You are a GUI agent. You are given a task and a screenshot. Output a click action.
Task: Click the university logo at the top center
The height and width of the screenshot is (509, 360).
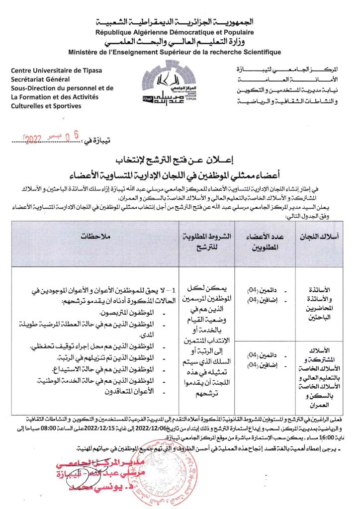coord(180,82)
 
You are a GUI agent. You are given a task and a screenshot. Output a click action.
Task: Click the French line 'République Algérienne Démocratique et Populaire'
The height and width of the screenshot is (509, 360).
coord(180,32)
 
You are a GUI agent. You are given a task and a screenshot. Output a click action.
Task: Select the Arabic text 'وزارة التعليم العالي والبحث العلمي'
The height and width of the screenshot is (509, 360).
coord(180,42)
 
